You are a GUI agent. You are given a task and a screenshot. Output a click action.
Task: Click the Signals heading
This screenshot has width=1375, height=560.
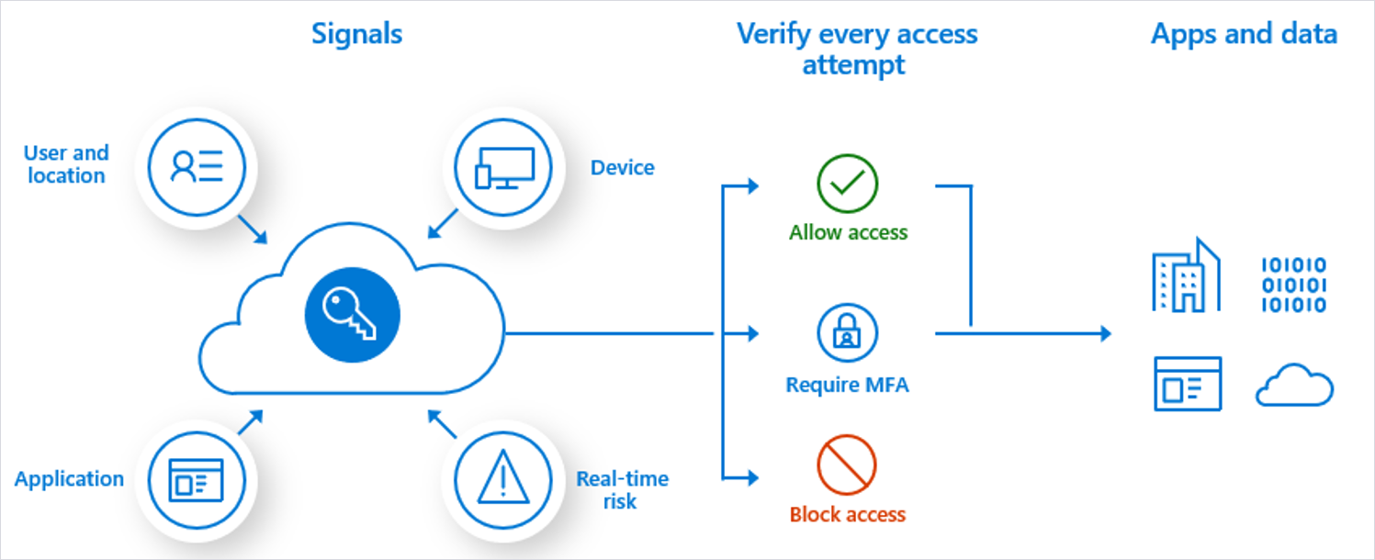coord(356,35)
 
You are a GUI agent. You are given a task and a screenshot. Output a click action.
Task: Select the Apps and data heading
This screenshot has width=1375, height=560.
coord(1244,35)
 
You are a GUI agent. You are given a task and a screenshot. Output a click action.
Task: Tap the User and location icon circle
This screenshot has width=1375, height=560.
coord(196,167)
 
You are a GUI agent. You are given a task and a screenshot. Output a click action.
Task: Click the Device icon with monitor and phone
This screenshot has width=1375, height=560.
coord(504,167)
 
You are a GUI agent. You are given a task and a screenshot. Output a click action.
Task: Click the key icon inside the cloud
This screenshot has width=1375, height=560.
coord(354,316)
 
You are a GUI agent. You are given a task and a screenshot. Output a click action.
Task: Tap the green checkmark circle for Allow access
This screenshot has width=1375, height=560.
coord(847,184)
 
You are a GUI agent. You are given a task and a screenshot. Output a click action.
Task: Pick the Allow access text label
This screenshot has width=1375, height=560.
coord(848,233)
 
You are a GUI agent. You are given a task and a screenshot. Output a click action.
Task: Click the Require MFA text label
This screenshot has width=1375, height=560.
coord(847,385)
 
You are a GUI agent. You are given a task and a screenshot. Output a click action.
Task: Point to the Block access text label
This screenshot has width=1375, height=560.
coord(848,515)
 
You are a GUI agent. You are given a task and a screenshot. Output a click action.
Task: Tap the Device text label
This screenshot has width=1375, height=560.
coord(622,168)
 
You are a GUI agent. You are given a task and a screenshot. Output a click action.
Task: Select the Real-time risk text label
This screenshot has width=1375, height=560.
coord(622,490)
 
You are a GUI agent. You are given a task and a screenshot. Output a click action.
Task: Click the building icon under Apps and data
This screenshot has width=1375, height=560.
coord(1186,275)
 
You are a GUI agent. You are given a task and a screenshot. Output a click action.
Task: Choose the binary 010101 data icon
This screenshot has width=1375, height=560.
coord(1293,286)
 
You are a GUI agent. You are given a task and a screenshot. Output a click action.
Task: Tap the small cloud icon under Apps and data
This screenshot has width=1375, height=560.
coord(1293,385)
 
